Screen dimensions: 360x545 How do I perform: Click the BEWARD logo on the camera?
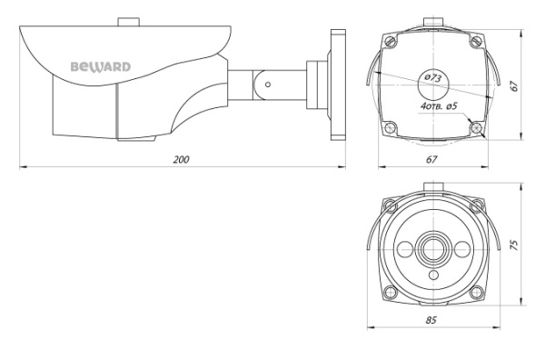tap(101, 65)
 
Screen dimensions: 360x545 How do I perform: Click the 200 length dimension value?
tap(181, 160)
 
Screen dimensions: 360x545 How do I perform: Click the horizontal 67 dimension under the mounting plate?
tap(431, 160)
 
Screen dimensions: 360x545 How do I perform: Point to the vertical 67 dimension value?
tap(513, 85)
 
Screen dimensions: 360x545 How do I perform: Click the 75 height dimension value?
tap(513, 245)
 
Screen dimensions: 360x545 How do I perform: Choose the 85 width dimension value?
tap(431, 320)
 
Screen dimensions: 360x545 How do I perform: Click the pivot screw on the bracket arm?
tap(269, 85)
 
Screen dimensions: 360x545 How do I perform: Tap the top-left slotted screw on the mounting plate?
tap(391, 41)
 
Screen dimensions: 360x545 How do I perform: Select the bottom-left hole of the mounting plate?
tap(391, 126)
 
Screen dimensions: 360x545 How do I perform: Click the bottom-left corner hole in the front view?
tap(391, 292)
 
